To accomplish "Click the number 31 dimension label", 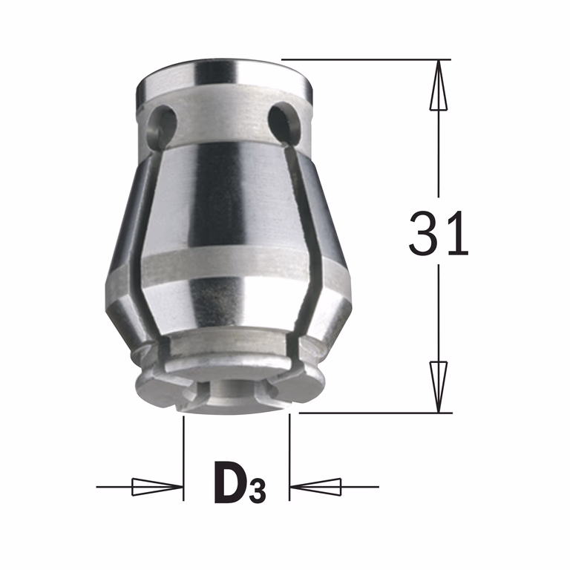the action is [x=438, y=233].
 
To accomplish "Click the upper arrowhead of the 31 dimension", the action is [x=439, y=85].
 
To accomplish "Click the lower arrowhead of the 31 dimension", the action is [x=439, y=387].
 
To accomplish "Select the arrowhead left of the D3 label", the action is [x=157, y=487].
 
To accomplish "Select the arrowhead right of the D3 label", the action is [x=315, y=487].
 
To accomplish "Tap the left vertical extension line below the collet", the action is [x=183, y=458].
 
